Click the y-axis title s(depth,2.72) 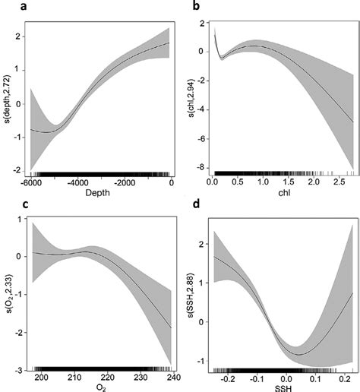[x=7, y=97]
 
